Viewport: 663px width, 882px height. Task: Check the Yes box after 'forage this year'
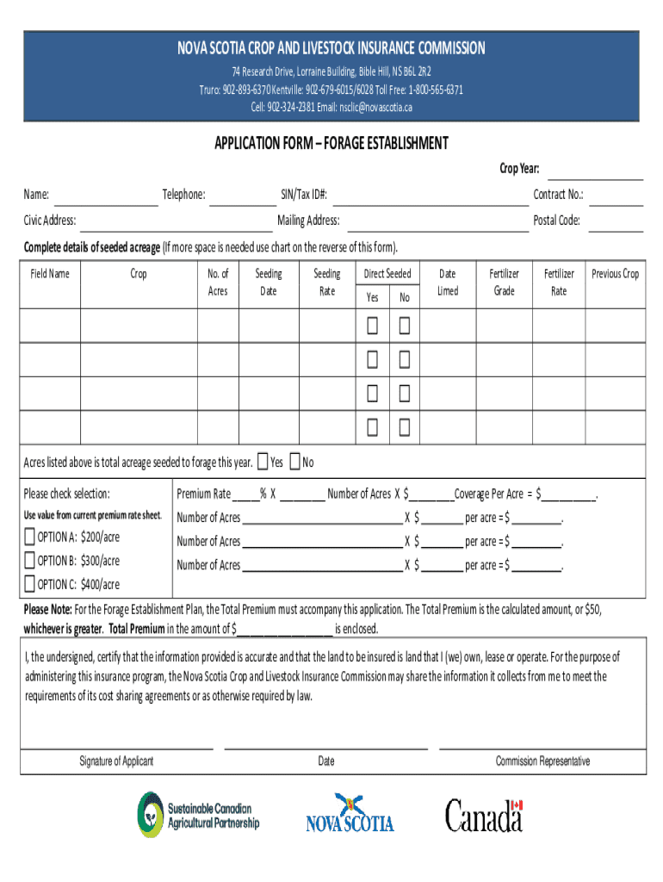[x=263, y=462]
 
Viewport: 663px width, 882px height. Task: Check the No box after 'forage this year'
[x=295, y=462]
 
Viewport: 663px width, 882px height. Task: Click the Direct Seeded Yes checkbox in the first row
[x=372, y=326]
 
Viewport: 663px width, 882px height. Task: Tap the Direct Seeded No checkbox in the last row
[x=403, y=426]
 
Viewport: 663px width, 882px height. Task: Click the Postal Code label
[x=556, y=220]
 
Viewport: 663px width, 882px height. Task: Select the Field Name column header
[x=50, y=274]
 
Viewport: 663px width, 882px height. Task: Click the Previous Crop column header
[x=615, y=274]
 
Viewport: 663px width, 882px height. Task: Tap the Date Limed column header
[x=448, y=282]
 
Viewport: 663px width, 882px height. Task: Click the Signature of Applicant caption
[x=116, y=761]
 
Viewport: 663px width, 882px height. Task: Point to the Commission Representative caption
[x=542, y=761]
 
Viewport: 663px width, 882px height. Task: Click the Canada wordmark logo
[x=484, y=815]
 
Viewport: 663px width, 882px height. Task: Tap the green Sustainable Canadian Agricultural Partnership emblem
[x=150, y=814]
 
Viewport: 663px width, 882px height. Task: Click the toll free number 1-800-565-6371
[x=433, y=90]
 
